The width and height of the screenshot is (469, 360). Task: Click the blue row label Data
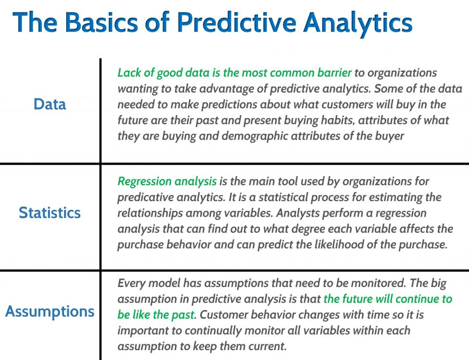[x=50, y=104]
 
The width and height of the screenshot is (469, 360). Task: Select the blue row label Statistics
[x=50, y=213]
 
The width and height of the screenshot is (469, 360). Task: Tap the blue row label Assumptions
[x=50, y=312]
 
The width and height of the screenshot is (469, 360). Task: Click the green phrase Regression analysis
[x=167, y=182]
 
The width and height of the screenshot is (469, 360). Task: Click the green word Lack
[x=128, y=72]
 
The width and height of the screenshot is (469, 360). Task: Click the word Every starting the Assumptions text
[x=131, y=283]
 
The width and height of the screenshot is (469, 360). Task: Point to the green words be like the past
[x=156, y=315]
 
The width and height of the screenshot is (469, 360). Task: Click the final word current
[x=268, y=346]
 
